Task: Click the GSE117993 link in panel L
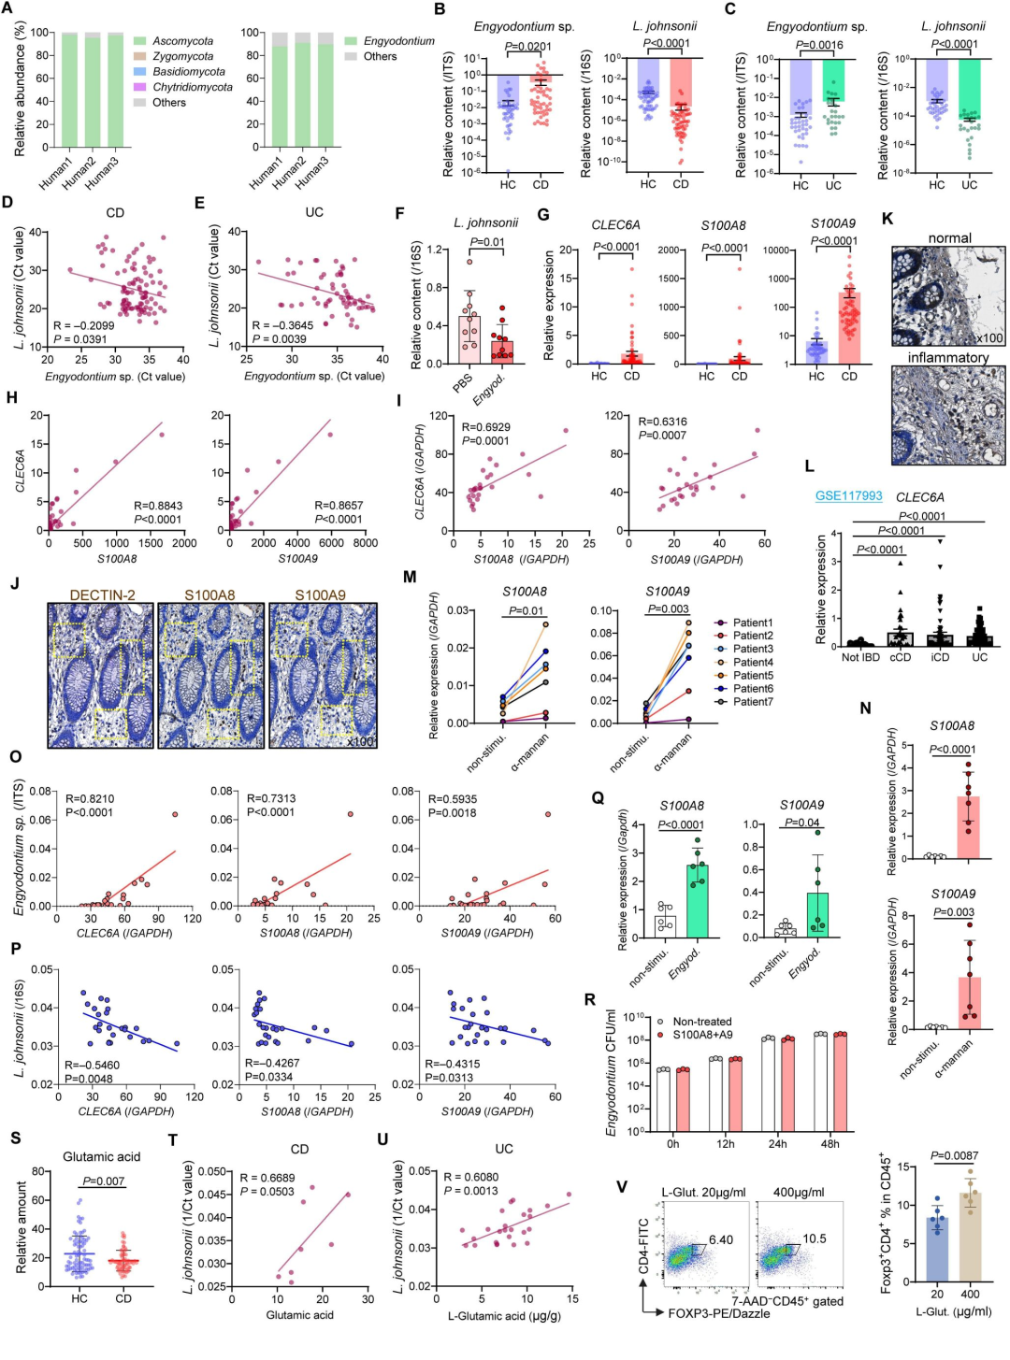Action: [848, 496]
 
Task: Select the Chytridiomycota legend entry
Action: [192, 87]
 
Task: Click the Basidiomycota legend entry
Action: [188, 72]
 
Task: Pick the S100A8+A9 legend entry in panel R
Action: [702, 1035]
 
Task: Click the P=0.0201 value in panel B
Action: [527, 47]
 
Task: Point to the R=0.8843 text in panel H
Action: [158, 506]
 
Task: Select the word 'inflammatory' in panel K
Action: [947, 358]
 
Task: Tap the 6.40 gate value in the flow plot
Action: [721, 1240]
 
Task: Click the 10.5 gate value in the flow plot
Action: [814, 1238]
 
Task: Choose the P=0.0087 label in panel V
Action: [954, 1156]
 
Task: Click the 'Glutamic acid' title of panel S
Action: [101, 1156]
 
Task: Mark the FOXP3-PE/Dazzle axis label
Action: [718, 1313]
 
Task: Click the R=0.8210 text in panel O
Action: [90, 799]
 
